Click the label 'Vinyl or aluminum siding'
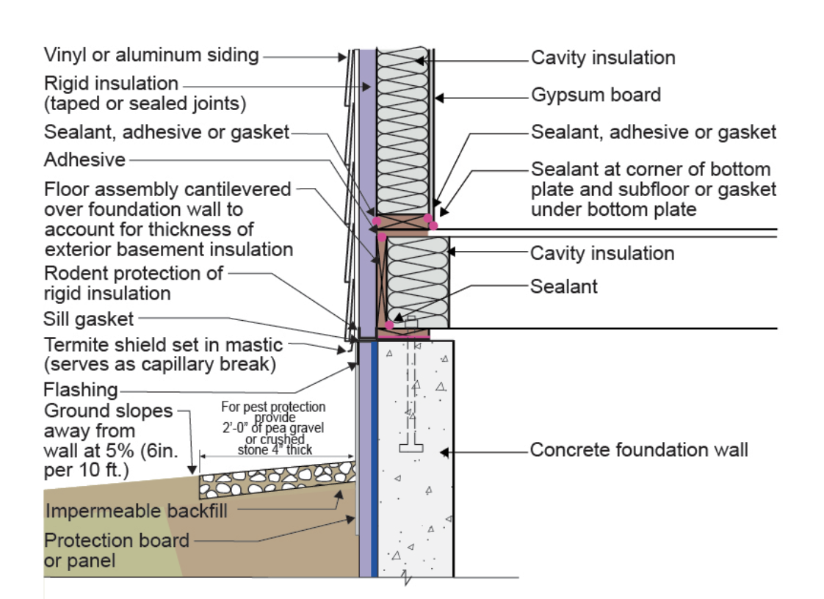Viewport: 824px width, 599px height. click(x=151, y=55)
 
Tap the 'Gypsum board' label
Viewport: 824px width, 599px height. click(x=596, y=95)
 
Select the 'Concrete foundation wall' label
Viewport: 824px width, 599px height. click(x=639, y=449)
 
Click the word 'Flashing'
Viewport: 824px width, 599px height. click(x=81, y=390)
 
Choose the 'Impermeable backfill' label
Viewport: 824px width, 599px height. click(x=136, y=510)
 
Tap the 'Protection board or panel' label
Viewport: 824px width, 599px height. click(x=116, y=551)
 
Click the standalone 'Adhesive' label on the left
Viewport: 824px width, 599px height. click(x=84, y=159)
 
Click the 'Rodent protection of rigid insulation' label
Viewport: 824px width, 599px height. click(x=133, y=283)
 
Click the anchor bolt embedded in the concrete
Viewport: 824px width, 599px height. click(x=411, y=389)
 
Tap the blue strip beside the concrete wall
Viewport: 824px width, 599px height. click(x=375, y=455)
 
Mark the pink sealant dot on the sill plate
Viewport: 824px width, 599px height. click(x=389, y=324)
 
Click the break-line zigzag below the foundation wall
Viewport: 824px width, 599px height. click(x=408, y=581)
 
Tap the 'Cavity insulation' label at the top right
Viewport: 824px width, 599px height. click(x=603, y=57)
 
